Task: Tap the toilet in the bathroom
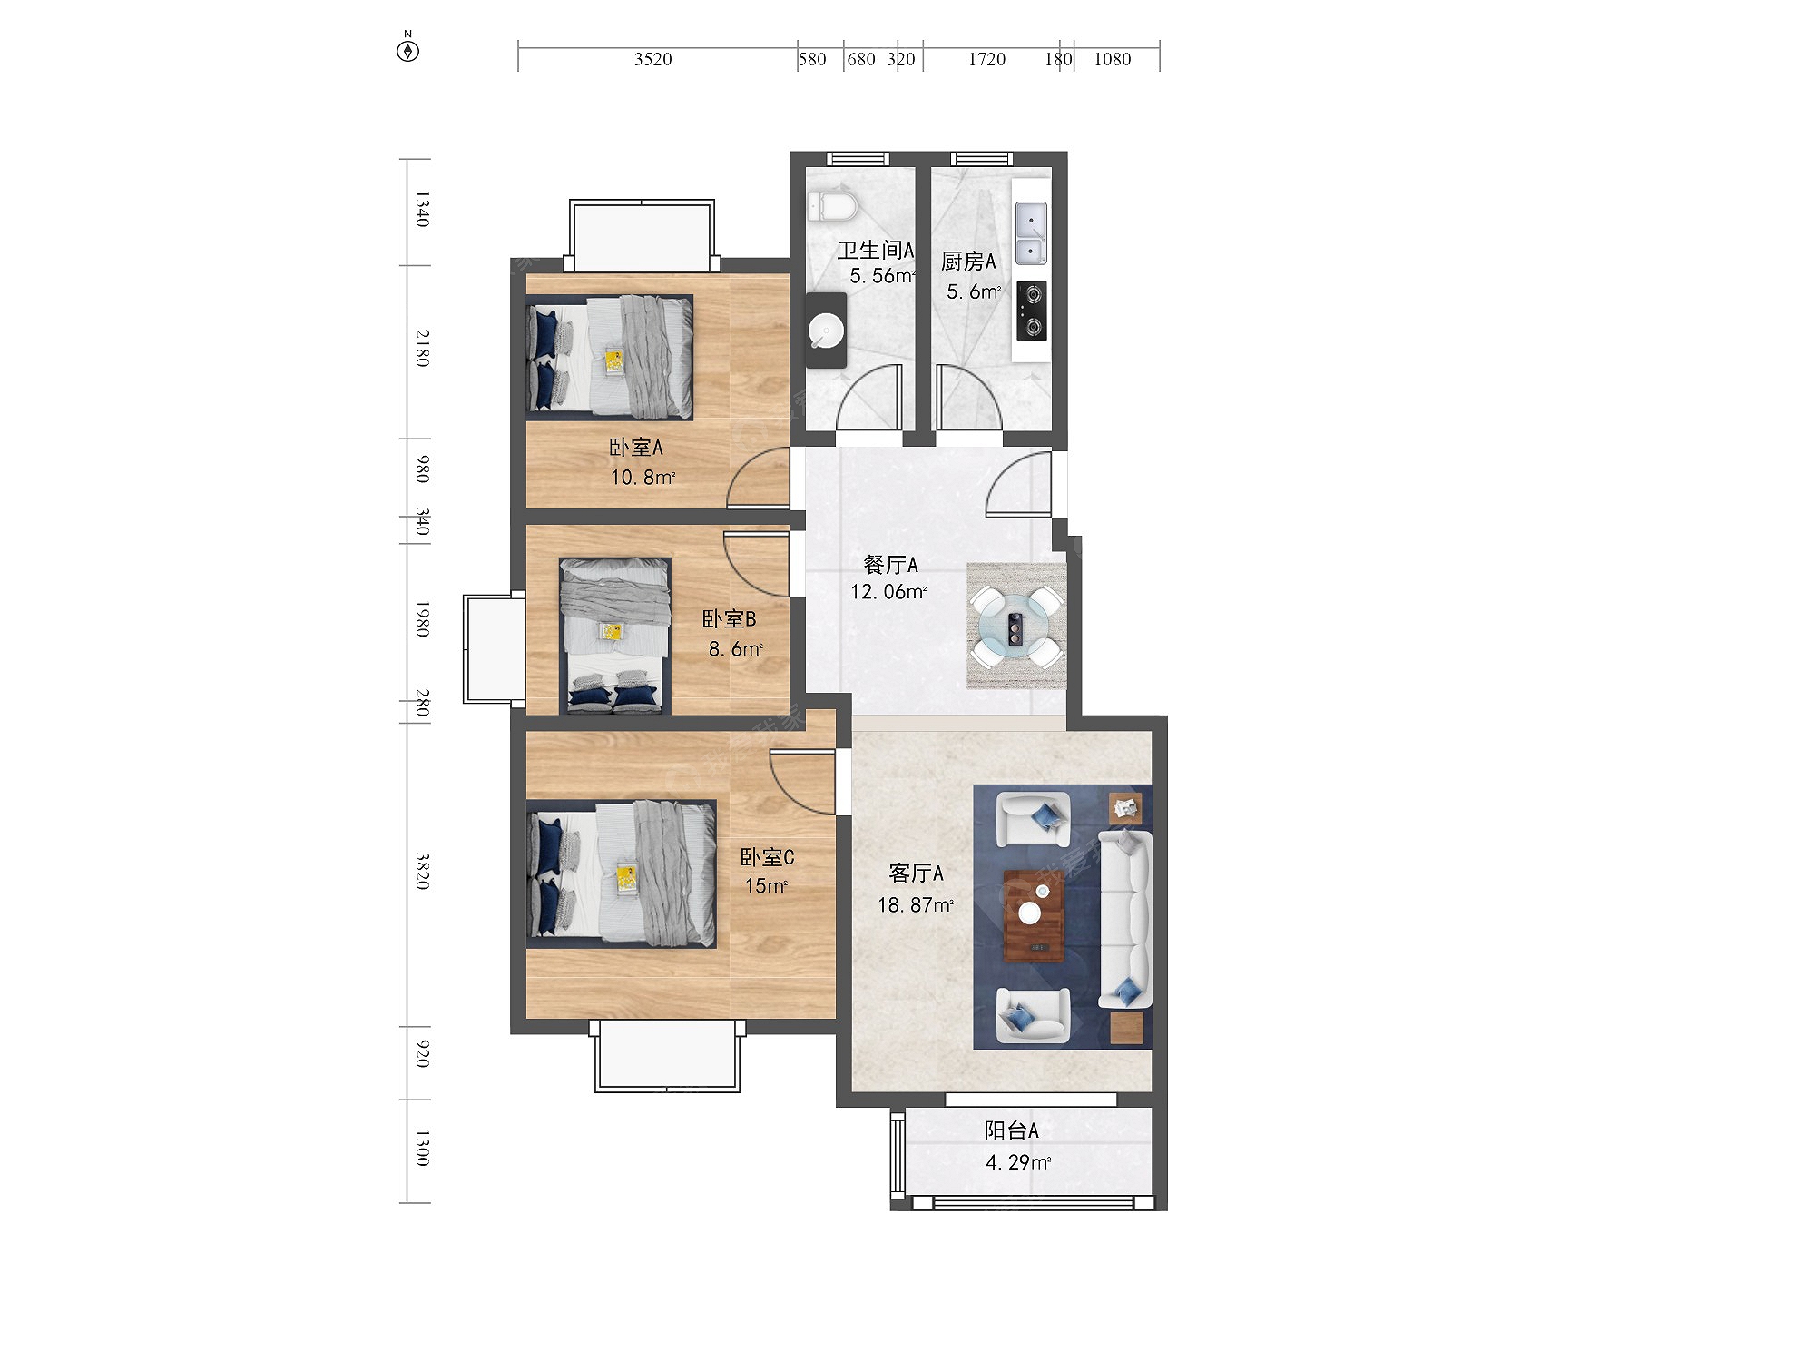[x=832, y=207]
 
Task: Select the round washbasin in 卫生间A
[x=826, y=331]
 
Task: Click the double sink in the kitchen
[x=1031, y=233]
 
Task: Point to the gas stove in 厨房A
[x=1031, y=311]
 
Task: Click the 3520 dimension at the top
[x=652, y=60]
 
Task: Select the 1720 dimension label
[x=986, y=60]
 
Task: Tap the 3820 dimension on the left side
[x=422, y=871]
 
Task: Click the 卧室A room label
[x=636, y=448]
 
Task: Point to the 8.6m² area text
[x=735, y=649]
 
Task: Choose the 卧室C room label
[x=768, y=857]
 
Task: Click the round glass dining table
[x=1016, y=627]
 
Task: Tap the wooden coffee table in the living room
[x=1034, y=915]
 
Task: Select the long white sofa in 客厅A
[x=1126, y=919]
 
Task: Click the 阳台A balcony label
[x=1012, y=1130]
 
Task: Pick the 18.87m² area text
[x=915, y=905]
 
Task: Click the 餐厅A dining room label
[x=891, y=565]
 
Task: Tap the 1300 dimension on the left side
[x=422, y=1148]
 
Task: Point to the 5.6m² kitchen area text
[x=974, y=291]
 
